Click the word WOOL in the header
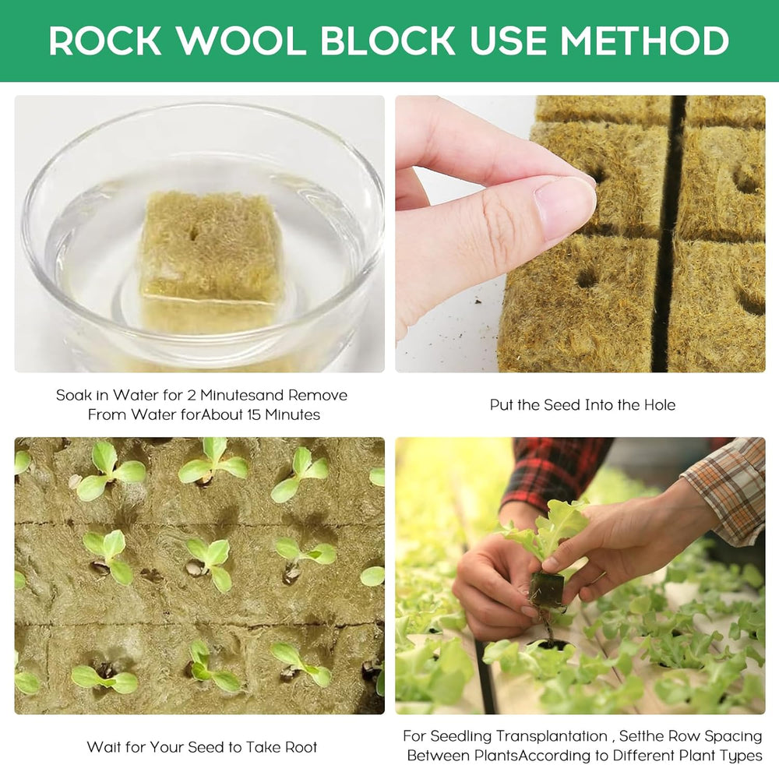[x=242, y=41]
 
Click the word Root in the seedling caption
[x=300, y=747]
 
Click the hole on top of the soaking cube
[x=192, y=231]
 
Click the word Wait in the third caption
[x=104, y=747]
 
